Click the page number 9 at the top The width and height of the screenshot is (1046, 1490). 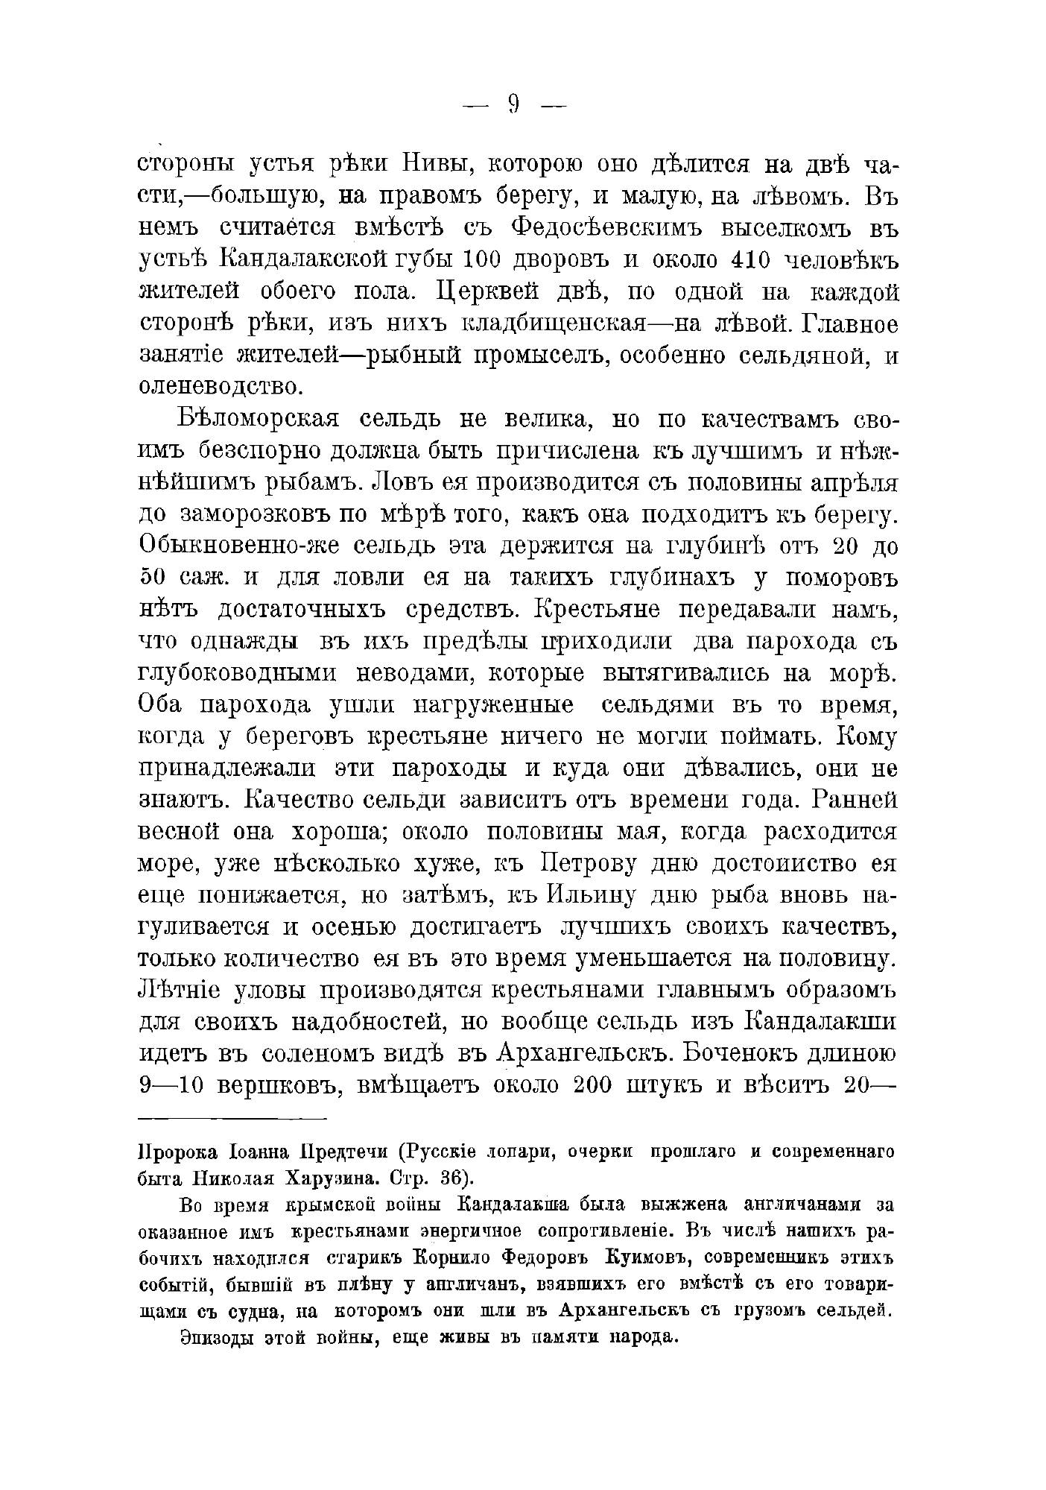(514, 103)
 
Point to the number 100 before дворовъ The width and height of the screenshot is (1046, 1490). (486, 260)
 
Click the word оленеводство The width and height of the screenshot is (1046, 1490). (221, 387)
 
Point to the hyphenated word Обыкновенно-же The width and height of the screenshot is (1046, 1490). (239, 547)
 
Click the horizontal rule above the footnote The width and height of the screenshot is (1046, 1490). (232, 1119)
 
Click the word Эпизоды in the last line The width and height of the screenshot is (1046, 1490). (218, 1337)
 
